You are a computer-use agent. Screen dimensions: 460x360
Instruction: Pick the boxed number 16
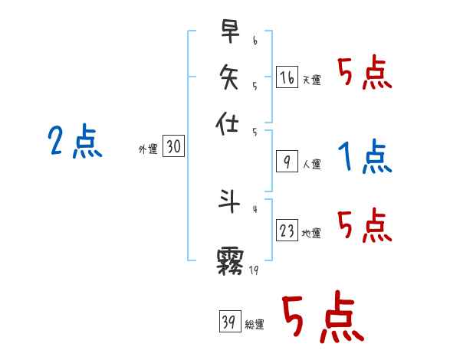(x=287, y=76)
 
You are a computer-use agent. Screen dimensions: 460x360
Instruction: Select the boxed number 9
(x=287, y=162)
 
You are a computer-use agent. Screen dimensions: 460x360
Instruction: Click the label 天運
(x=312, y=80)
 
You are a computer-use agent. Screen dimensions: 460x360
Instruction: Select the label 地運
(x=312, y=233)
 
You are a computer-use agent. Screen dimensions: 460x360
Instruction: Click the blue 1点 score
(x=365, y=157)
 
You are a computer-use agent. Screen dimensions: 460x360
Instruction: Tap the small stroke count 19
(x=255, y=270)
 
